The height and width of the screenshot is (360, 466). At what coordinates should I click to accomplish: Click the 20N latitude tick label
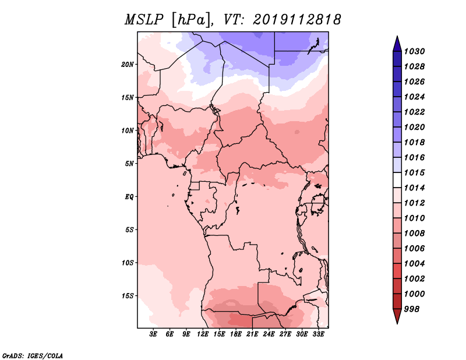click(128, 64)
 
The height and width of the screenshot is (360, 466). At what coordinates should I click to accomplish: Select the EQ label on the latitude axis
click(129, 196)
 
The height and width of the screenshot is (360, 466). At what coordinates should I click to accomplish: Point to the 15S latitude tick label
click(128, 295)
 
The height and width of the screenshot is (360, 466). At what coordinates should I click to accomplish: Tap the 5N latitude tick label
click(130, 163)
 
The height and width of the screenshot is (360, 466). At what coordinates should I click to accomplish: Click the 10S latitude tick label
click(128, 263)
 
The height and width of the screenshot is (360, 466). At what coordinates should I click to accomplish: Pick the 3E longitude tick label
click(154, 334)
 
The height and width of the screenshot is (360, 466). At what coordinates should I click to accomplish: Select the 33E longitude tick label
click(318, 334)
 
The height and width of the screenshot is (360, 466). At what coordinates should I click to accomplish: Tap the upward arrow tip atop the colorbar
click(397, 38)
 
